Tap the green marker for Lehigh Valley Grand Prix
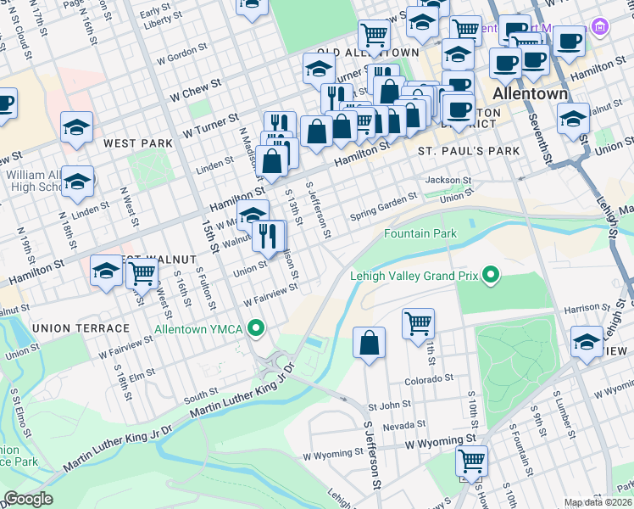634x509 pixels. (x=491, y=275)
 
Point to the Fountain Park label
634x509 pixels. (x=420, y=233)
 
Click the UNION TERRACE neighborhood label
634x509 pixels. (x=81, y=327)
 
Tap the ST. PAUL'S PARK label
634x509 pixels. (x=469, y=151)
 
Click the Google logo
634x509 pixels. (x=27, y=499)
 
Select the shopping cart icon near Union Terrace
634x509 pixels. (x=142, y=273)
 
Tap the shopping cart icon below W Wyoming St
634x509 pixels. (x=471, y=462)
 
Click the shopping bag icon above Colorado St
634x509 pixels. (x=370, y=344)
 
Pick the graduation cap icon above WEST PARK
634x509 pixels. (x=76, y=127)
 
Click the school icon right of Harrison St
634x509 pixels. (x=587, y=342)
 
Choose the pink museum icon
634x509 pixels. (x=601, y=27)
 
